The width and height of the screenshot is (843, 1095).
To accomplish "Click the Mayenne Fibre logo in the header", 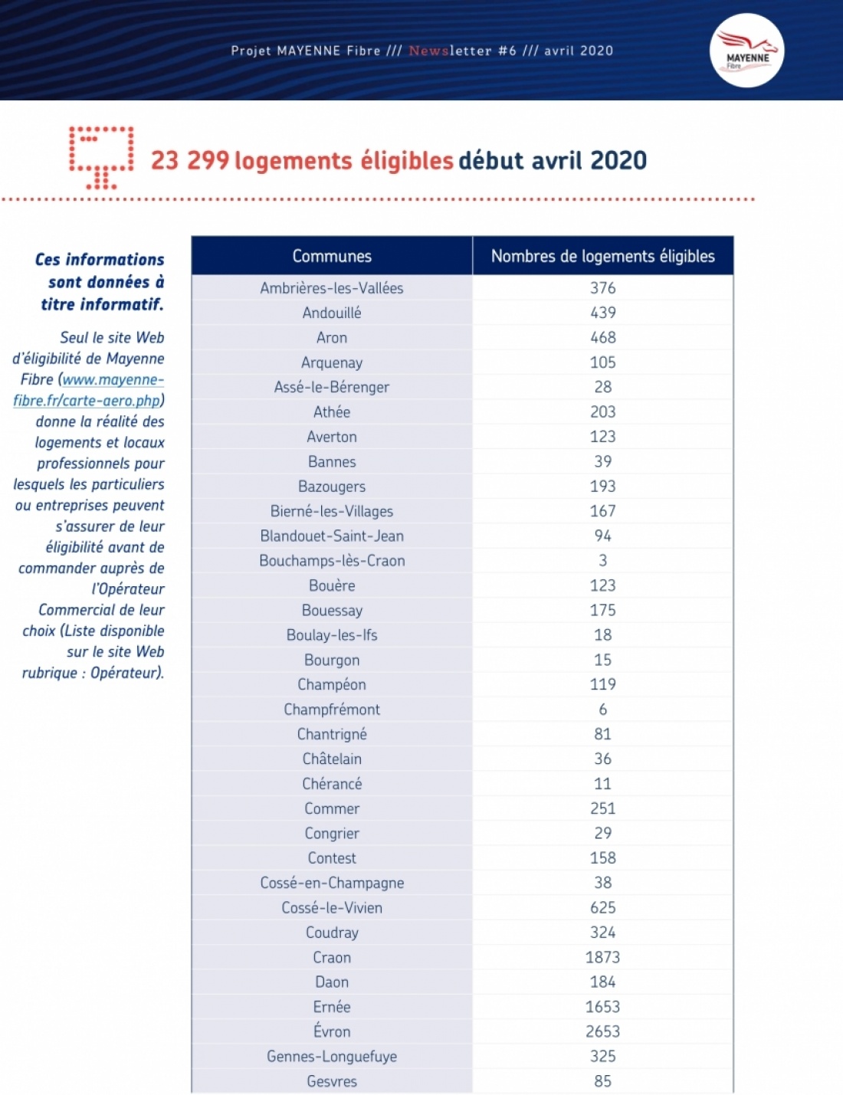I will (746, 51).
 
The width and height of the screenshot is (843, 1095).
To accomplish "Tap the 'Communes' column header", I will (332, 256).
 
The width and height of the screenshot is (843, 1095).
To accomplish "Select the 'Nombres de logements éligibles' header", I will (602, 256).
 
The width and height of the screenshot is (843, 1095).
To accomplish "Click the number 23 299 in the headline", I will (189, 160).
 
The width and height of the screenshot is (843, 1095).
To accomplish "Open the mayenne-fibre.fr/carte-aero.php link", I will (88, 390).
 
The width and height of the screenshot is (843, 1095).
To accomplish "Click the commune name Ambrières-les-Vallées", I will (332, 288).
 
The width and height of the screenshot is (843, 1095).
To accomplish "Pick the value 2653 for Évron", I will (602, 1031).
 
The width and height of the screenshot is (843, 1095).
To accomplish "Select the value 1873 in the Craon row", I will (602, 957).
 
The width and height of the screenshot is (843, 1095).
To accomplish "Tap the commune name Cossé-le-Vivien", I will (332, 907).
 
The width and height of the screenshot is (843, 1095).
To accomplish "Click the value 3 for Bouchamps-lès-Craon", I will (602, 561).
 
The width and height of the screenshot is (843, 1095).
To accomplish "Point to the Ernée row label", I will (332, 1007).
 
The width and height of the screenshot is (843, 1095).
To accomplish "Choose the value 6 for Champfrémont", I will (602, 710).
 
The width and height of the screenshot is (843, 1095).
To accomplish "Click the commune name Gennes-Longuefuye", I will (332, 1056).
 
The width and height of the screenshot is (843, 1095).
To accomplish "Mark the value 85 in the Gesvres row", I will (602, 1081).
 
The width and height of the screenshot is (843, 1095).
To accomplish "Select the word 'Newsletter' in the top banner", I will (450, 51).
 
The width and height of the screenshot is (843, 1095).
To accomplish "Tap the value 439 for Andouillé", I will (602, 313).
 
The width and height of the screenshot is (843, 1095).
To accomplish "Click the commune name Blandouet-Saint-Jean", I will (332, 536).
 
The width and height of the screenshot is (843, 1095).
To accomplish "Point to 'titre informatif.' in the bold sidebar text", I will (102, 304).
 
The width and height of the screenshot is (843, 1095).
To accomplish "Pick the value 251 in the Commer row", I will (602, 808).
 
